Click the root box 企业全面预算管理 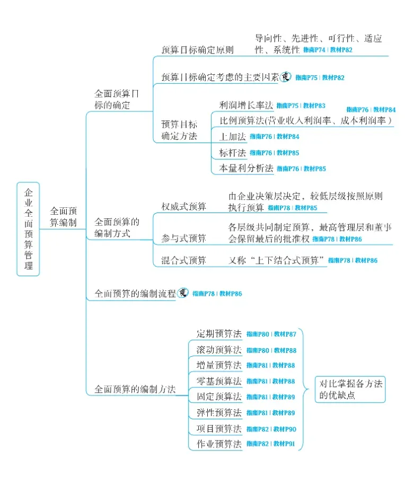point(28,229)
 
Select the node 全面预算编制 point(63,216)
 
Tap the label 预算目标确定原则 point(197,50)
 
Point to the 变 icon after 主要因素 point(286,77)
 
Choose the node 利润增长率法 point(246,105)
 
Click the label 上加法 point(233,136)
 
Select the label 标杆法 point(233,153)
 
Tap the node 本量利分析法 point(246,169)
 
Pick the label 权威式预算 point(184,206)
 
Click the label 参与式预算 point(184,239)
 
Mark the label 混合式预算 point(184,260)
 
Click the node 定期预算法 point(218,334)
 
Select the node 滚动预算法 point(218,350)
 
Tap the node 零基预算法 point(218,381)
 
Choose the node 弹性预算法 point(218,412)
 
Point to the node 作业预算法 point(218,444)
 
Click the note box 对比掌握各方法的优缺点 point(350,389)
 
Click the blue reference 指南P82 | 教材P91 point(271,444)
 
